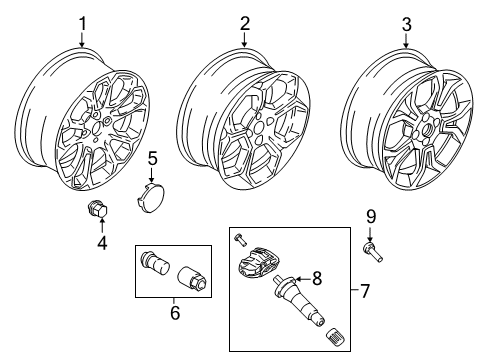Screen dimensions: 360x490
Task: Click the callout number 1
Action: point(84,22)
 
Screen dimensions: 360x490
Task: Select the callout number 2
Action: point(244,22)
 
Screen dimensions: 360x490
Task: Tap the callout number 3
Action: point(405,22)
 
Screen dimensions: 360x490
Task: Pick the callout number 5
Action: point(152,157)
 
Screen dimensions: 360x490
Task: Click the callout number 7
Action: point(365,293)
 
